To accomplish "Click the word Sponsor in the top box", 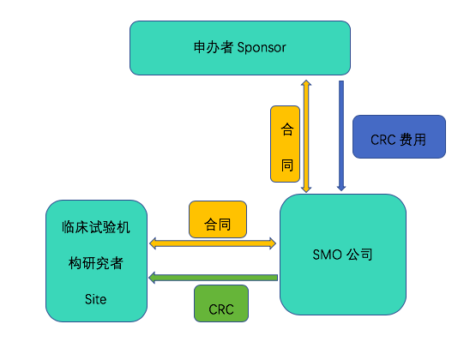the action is coord(262,48).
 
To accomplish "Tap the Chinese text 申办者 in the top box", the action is coord(214,47).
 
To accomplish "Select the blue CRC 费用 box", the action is coord(399,136).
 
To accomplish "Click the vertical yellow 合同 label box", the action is coord(285,144).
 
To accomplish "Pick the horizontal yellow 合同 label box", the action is coord(218,219).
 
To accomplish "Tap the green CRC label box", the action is coord(221,303).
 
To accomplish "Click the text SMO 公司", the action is coord(342,255).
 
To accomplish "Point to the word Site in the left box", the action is coord(95,299).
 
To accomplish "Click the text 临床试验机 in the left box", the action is coord(96,227).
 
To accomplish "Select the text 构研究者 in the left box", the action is coord(96,263).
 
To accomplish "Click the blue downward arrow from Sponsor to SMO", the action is coord(341,135).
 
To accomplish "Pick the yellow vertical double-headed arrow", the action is coord(306,136).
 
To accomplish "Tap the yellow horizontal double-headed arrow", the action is coord(213,243).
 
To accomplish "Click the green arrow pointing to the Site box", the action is coord(213,278).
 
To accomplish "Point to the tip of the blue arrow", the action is coord(341,191).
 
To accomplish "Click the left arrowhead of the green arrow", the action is coord(152,278).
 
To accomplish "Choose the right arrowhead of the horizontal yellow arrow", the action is coord(273,243).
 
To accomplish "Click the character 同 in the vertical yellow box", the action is coord(286,165).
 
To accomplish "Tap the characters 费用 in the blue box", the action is coord(413,140).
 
